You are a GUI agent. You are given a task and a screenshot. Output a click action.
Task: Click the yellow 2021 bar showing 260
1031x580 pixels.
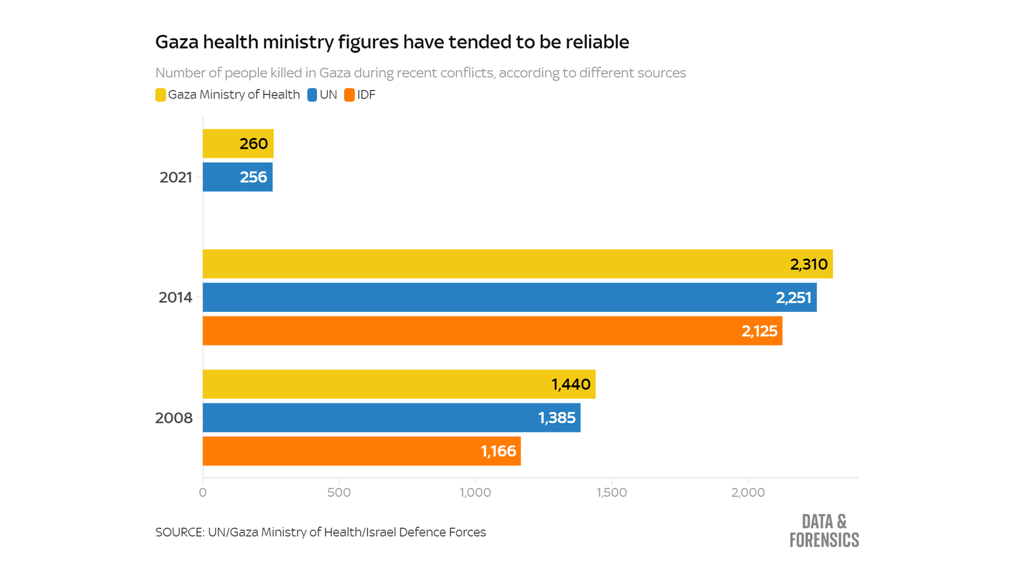pyautogui.click(x=238, y=144)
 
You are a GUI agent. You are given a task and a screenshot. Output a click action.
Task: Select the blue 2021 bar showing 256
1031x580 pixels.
pyautogui.click(x=237, y=177)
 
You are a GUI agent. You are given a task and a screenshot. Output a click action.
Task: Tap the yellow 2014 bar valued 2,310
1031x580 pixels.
pyautogui.click(x=517, y=264)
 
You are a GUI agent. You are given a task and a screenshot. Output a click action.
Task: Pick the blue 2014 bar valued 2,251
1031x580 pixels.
pyautogui.click(x=509, y=298)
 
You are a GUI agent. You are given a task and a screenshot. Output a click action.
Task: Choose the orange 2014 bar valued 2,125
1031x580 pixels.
pyautogui.click(x=492, y=331)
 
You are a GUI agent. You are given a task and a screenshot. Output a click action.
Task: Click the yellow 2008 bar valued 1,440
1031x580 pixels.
pyautogui.click(x=399, y=385)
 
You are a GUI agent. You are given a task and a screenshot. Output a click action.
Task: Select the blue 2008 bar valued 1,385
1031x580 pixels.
pyautogui.click(x=391, y=418)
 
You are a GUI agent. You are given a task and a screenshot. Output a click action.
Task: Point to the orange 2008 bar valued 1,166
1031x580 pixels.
pyautogui.click(x=361, y=451)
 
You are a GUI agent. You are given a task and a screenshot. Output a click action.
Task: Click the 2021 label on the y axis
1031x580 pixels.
pyautogui.click(x=176, y=177)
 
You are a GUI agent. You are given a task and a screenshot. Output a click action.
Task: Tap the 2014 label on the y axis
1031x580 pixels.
pyautogui.click(x=175, y=298)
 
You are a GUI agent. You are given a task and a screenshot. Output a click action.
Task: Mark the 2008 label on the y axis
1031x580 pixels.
pyautogui.click(x=174, y=418)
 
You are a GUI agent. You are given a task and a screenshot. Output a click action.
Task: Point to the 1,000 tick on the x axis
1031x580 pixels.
pyautogui.click(x=476, y=493)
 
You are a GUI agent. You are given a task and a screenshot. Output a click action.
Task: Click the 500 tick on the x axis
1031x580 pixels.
pyautogui.click(x=339, y=493)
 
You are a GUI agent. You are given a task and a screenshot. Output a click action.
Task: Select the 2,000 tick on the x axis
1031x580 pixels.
pyautogui.click(x=748, y=493)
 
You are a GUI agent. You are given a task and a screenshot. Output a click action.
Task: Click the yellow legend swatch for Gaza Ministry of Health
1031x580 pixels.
pyautogui.click(x=160, y=95)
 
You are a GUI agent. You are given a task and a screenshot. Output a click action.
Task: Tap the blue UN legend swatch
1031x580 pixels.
pyautogui.click(x=312, y=95)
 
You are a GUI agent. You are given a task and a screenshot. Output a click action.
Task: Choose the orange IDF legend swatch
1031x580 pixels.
pyautogui.click(x=349, y=95)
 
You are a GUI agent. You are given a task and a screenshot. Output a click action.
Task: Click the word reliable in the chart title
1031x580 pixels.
pyautogui.click(x=597, y=42)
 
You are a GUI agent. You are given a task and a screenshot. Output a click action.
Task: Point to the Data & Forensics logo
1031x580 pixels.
pyautogui.click(x=824, y=530)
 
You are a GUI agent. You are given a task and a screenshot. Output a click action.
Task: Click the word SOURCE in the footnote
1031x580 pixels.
pyautogui.click(x=178, y=532)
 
